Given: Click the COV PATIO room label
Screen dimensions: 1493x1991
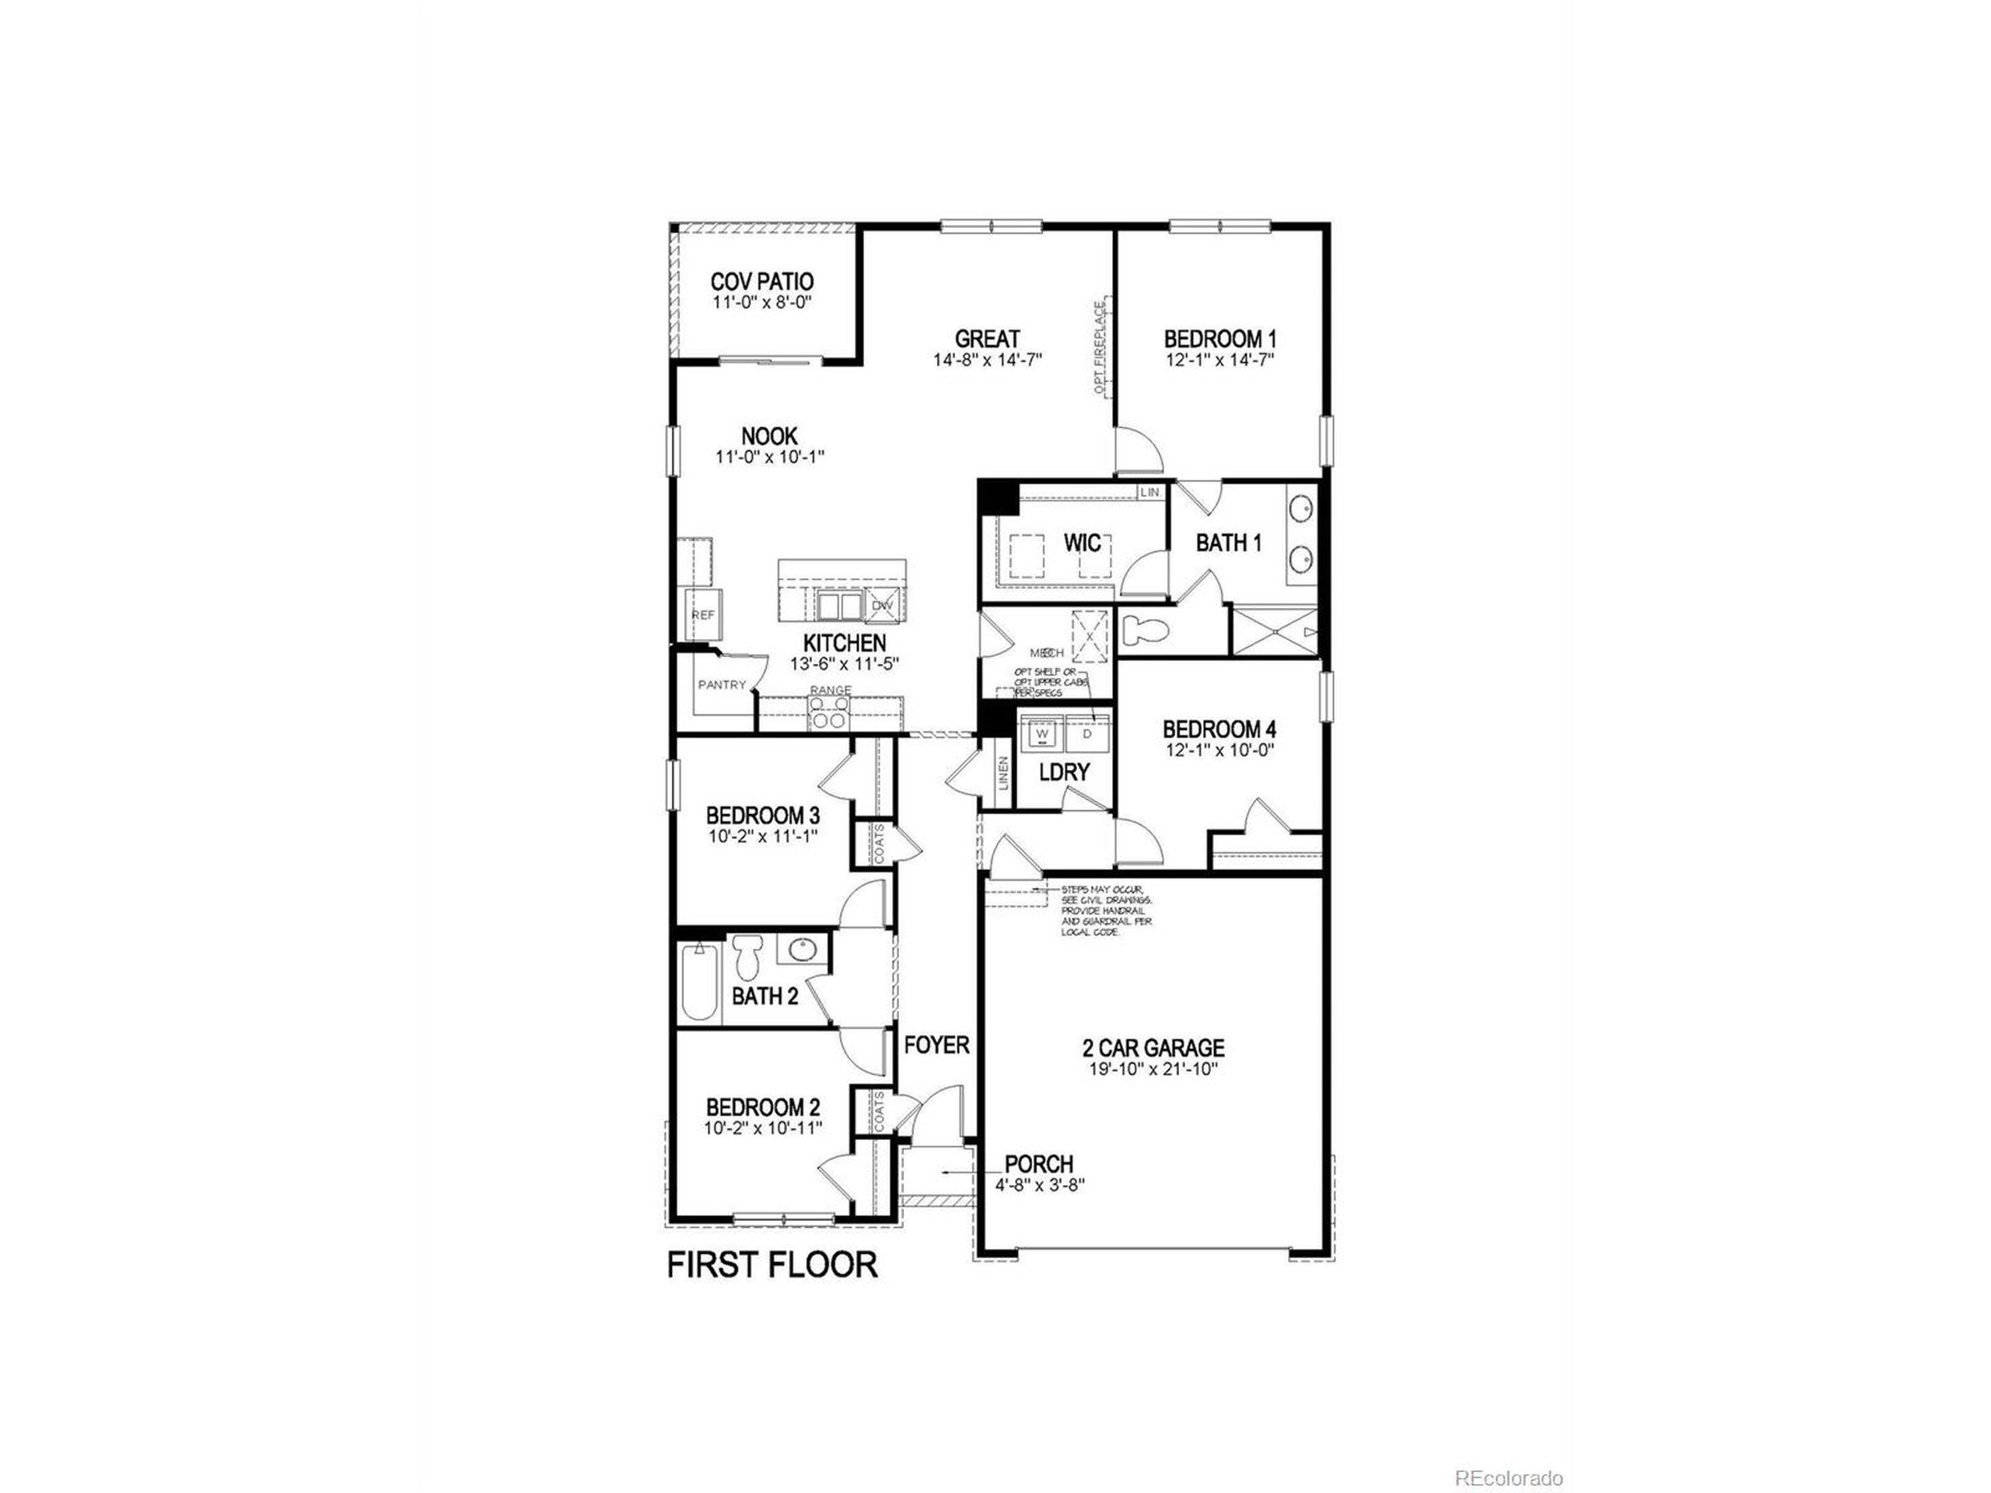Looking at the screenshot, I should pyautogui.click(x=761, y=281).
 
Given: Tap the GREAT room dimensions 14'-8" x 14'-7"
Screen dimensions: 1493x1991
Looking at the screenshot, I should pyautogui.click(x=988, y=360).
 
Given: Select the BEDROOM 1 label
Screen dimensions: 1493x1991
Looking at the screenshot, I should pyautogui.click(x=1219, y=339).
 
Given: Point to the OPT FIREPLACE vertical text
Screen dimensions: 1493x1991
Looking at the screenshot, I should pyautogui.click(x=1100, y=348).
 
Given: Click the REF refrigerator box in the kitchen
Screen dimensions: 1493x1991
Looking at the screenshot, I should pyautogui.click(x=703, y=614).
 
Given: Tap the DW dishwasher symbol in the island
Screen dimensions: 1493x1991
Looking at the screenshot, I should pyautogui.click(x=882, y=606).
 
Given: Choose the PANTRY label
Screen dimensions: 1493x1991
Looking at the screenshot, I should pyautogui.click(x=722, y=684).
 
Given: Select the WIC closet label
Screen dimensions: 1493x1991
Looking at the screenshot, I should pyautogui.click(x=1082, y=543).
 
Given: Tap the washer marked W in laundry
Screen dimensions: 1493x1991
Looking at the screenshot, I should pyautogui.click(x=1042, y=734).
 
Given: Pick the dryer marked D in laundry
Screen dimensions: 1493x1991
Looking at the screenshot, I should pyautogui.click(x=1087, y=734).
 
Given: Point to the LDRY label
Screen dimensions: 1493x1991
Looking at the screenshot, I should pyautogui.click(x=1064, y=771).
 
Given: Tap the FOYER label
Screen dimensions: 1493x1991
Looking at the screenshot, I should pyautogui.click(x=936, y=1045).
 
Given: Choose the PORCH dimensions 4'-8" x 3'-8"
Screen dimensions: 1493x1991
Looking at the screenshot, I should pyautogui.click(x=1040, y=1185).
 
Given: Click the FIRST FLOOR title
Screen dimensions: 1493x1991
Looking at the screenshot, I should pyautogui.click(x=772, y=1264).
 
